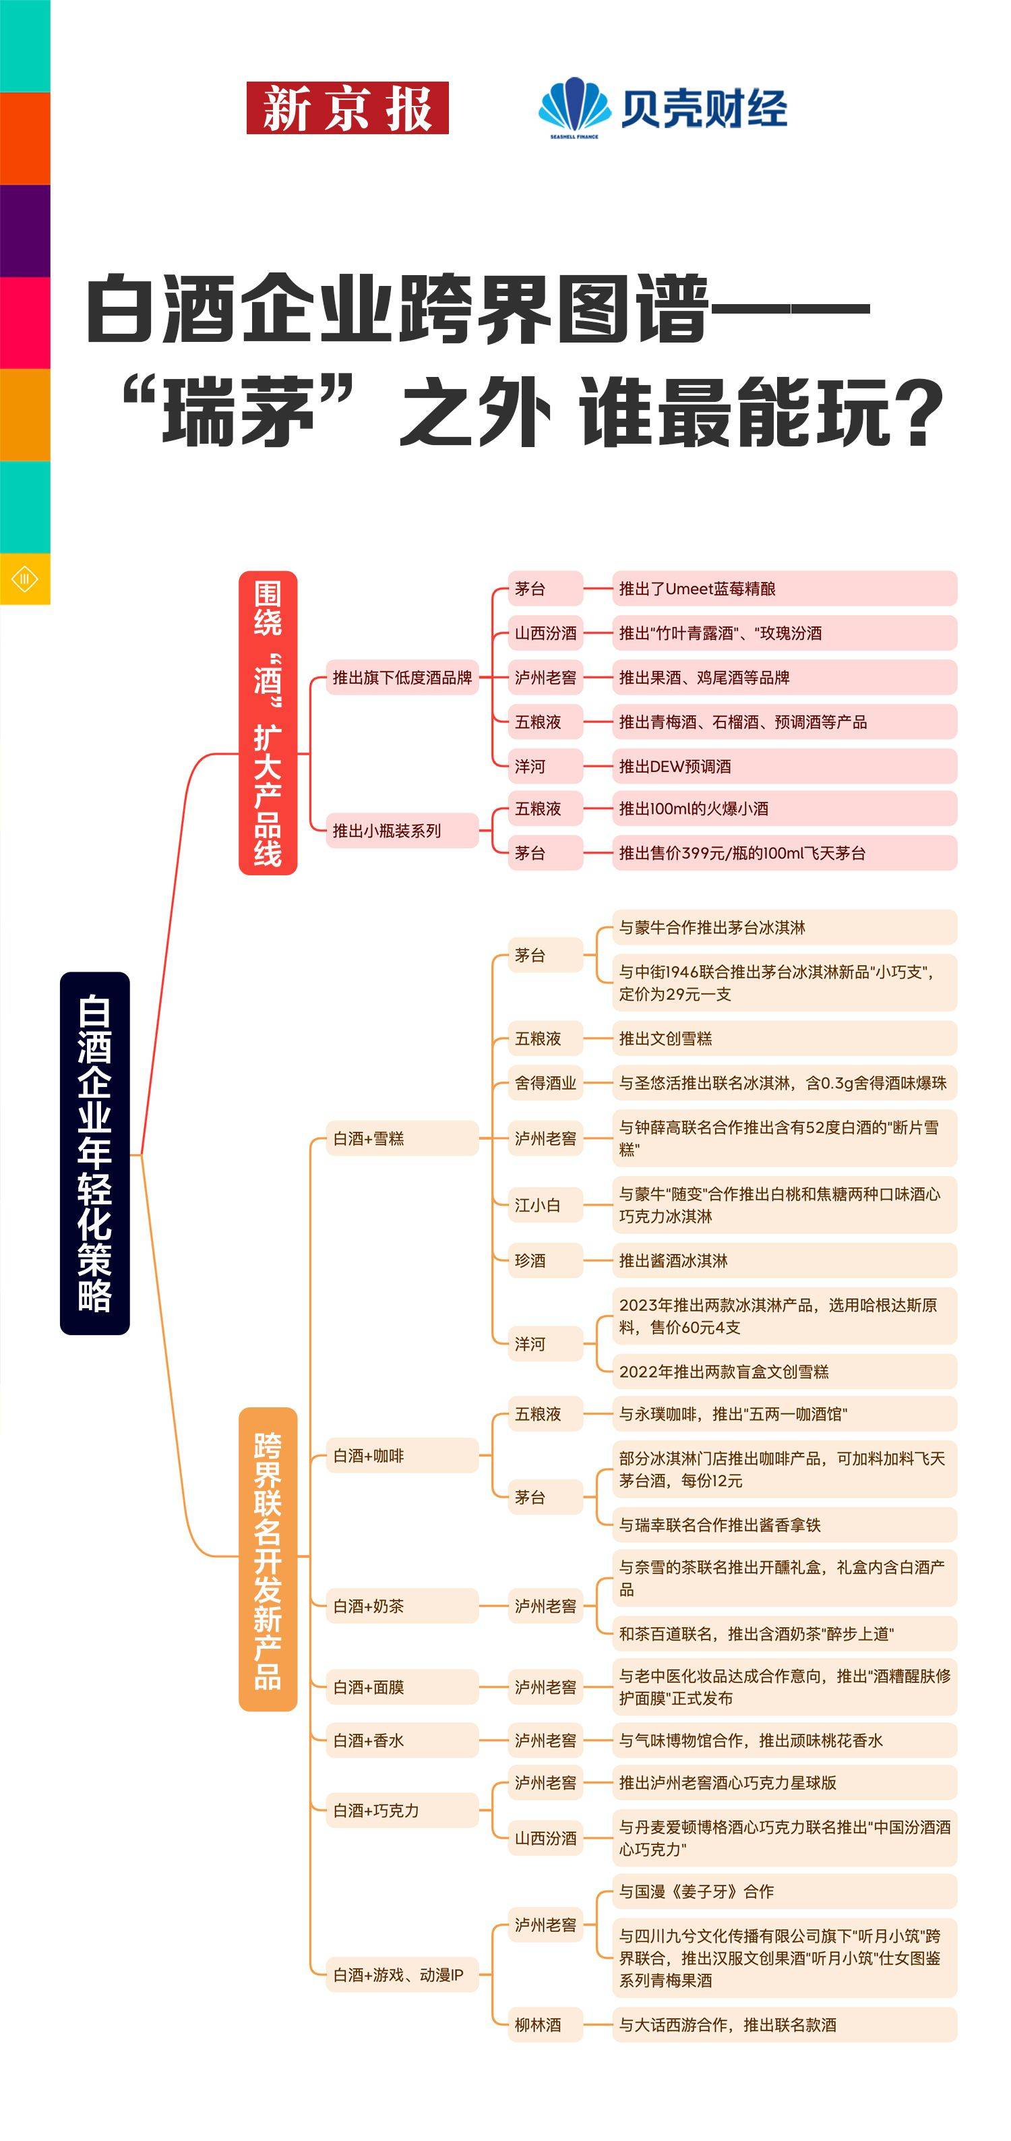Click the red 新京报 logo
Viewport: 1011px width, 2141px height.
347,108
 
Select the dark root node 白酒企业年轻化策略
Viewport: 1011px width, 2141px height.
95,1153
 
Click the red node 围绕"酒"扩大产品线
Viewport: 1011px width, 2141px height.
268,722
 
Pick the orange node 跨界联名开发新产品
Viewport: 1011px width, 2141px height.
268,1560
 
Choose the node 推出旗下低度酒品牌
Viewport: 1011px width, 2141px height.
402,678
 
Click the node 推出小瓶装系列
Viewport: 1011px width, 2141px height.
402,830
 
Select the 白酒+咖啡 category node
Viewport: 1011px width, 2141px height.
402,1455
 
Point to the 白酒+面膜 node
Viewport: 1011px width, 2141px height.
402,1687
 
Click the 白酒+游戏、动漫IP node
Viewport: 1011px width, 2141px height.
402,1974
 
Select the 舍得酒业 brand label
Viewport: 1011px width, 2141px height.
545,1083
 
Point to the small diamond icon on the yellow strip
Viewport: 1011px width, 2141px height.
25,579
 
